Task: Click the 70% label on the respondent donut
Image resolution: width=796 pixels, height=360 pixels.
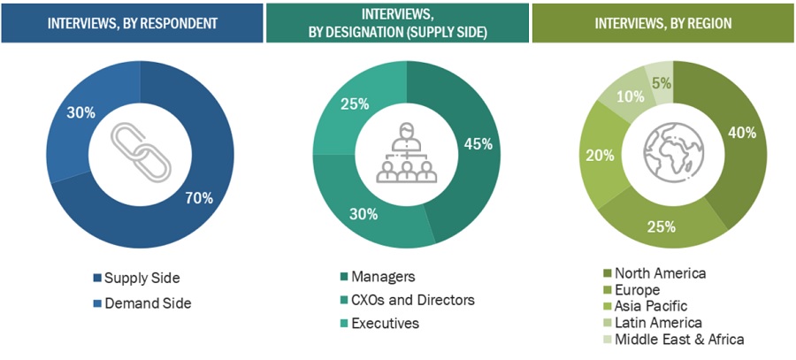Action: (200, 198)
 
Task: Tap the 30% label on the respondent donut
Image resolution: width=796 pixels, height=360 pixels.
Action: (82, 112)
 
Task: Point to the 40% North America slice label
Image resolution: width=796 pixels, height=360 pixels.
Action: (741, 133)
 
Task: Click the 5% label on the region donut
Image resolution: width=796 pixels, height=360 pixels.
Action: (661, 84)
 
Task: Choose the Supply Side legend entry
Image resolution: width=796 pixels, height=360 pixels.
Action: (135, 278)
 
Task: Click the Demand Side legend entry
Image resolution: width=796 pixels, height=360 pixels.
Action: (141, 303)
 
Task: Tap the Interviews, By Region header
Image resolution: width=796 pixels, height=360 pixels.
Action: (662, 21)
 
